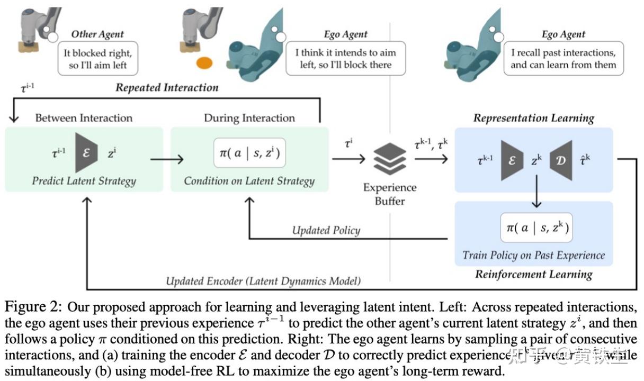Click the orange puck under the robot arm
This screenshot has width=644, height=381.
click(x=204, y=63)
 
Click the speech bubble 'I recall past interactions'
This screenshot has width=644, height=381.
click(x=563, y=59)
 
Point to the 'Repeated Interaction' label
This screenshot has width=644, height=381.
click(x=167, y=87)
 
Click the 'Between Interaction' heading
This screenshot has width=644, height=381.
click(x=84, y=117)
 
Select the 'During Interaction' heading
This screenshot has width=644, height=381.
click(x=249, y=117)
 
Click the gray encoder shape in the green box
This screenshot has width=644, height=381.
click(x=86, y=153)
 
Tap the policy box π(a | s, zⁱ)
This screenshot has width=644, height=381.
click(x=249, y=153)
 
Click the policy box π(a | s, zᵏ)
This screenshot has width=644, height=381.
click(x=536, y=228)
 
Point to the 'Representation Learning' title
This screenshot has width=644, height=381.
click(x=533, y=118)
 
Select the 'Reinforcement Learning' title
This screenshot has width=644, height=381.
click(x=533, y=274)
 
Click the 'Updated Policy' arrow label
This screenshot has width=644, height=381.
click(x=326, y=230)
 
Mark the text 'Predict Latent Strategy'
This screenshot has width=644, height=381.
click(x=84, y=181)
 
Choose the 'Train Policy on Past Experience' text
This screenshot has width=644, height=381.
click(x=533, y=256)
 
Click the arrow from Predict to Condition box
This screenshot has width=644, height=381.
click(x=166, y=159)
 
